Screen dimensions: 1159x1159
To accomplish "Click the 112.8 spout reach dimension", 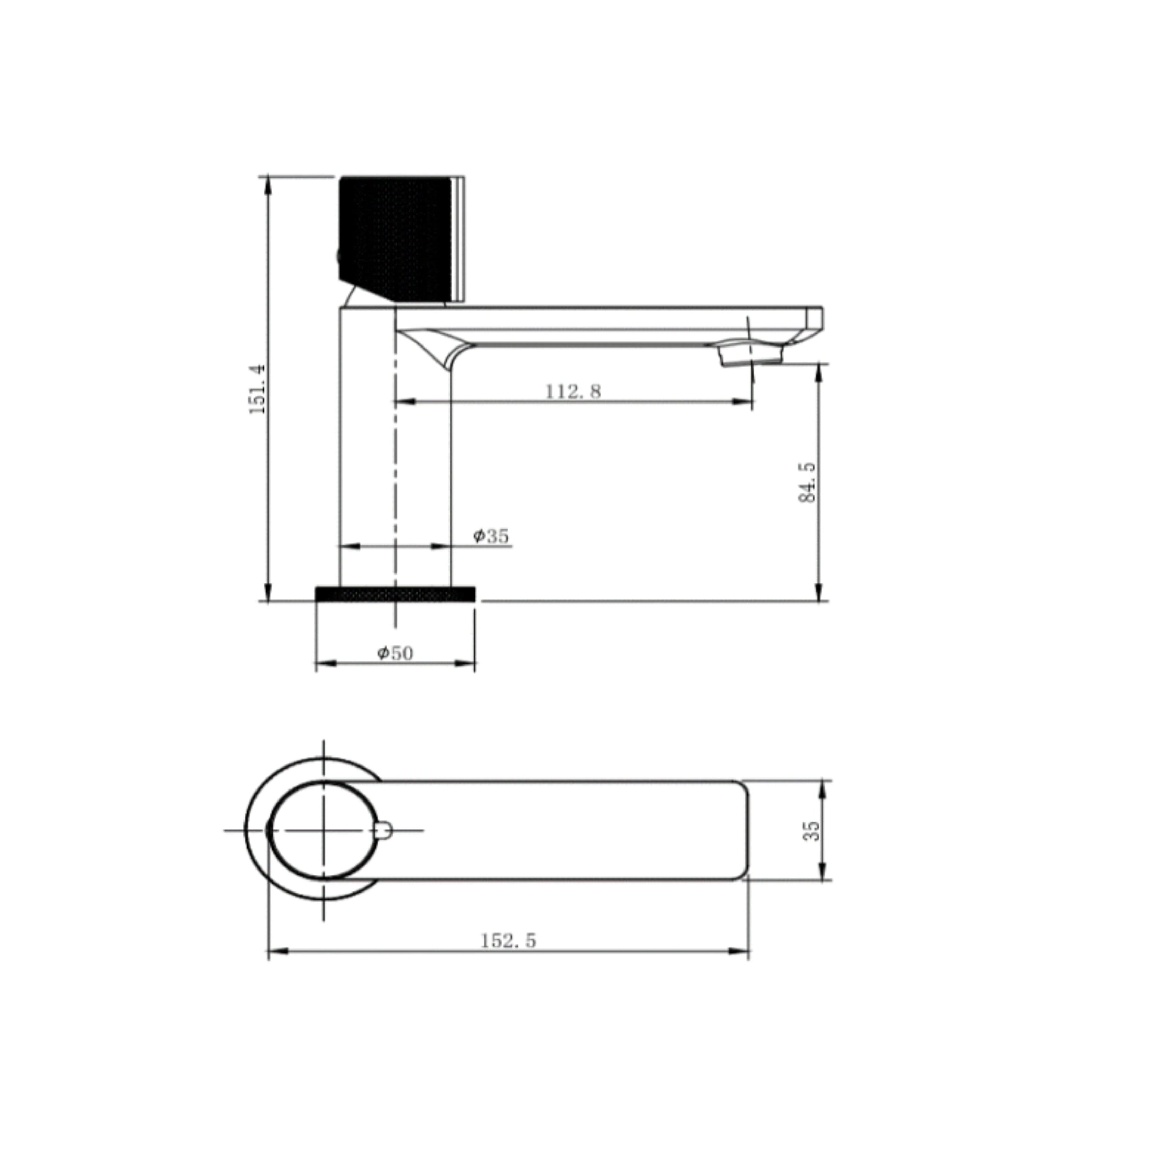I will [572, 391].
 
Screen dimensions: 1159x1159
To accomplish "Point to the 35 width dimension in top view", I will [811, 831].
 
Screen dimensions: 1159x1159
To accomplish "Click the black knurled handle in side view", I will [393, 237].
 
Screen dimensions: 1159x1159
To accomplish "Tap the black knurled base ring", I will [395, 594].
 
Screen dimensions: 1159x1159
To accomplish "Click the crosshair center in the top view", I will [324, 831].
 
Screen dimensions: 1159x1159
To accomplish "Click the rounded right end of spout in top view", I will [744, 831].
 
